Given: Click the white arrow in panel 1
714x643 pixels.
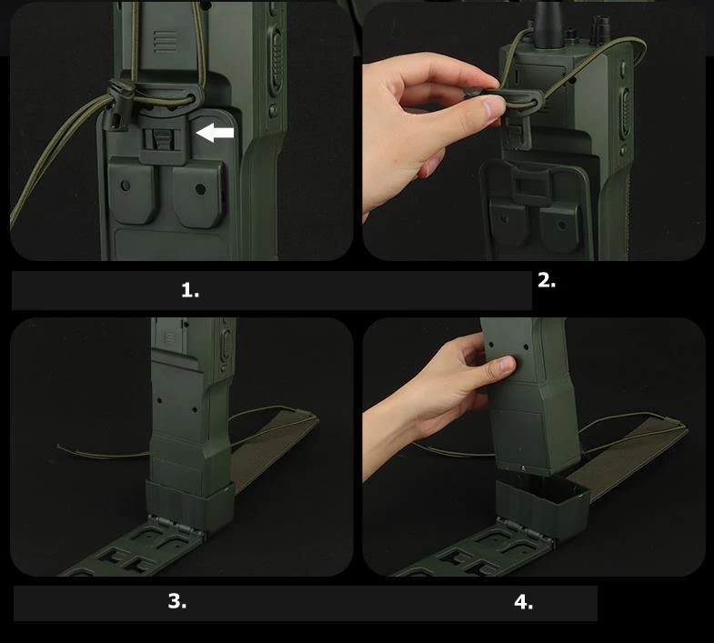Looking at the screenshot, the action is click(215, 133).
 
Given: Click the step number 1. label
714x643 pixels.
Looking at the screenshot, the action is click(190, 290).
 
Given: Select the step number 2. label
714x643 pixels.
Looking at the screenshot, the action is click(547, 280).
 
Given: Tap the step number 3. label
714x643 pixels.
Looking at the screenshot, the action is click(177, 601).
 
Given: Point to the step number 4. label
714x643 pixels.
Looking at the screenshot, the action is click(524, 602).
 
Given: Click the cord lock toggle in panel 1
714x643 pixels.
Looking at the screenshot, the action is click(119, 105).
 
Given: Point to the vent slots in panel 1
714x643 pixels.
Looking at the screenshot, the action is click(165, 42).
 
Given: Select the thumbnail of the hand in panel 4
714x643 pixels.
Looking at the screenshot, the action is click(508, 363).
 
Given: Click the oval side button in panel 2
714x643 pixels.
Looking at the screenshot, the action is click(626, 113).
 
